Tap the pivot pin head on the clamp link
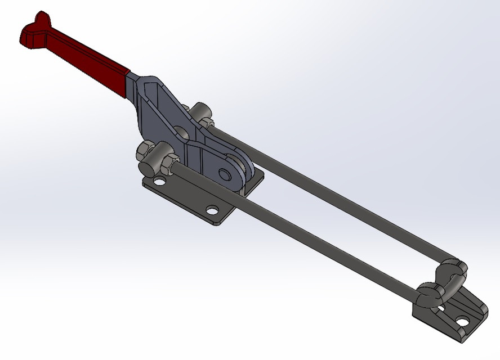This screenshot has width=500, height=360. point(229,172)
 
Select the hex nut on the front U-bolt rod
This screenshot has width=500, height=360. point(168,163)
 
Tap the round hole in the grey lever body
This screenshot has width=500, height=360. point(180,133)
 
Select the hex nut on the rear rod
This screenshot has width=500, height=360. point(206,122)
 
